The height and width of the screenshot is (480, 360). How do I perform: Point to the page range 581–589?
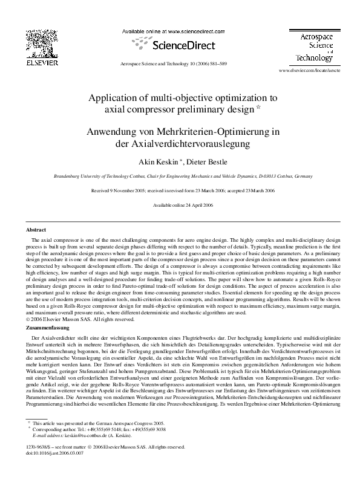[217, 63]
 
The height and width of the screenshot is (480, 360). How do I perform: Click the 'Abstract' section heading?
[36, 230]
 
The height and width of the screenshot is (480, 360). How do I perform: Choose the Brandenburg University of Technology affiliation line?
[180, 176]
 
